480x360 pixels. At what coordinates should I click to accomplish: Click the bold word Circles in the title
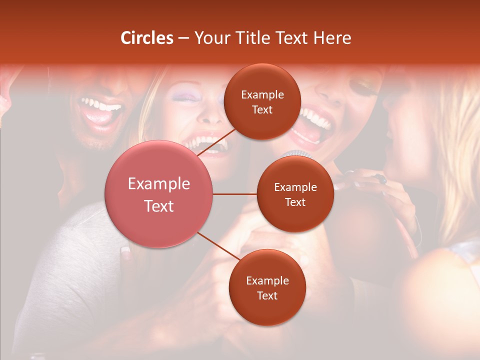coord(147,38)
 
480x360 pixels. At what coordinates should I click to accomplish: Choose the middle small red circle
coord(295,194)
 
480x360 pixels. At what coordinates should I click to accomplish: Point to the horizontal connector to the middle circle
coord(235,194)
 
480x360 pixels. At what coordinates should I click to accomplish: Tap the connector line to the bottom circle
coord(218,247)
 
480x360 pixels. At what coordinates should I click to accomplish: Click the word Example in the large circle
coord(159,184)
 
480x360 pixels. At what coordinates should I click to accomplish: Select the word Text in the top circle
coord(262,109)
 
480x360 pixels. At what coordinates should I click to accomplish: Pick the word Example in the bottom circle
coord(267,281)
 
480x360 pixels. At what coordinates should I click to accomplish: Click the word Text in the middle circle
coord(295,202)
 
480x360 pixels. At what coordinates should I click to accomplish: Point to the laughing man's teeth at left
coord(102,106)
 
